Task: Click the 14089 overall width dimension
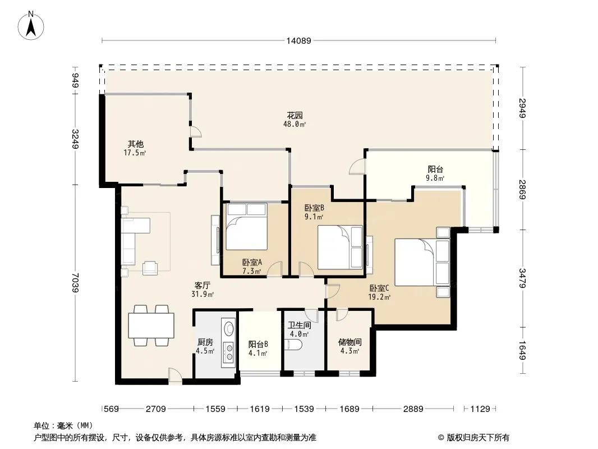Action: pyautogui.click(x=299, y=40)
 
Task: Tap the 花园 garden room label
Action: pyautogui.click(x=295, y=115)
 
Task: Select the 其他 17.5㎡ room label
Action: pyautogui.click(x=135, y=148)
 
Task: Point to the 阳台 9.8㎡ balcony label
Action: pyautogui.click(x=435, y=173)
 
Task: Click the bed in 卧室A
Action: pyautogui.click(x=246, y=227)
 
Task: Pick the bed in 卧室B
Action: pyautogui.click(x=340, y=247)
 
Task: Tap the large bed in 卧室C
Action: pyautogui.click(x=422, y=262)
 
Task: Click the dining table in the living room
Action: pyautogui.click(x=151, y=326)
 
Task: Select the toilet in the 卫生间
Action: pyautogui.click(x=293, y=345)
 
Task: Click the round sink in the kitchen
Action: pyautogui.click(x=229, y=328)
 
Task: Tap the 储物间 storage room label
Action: pyautogui.click(x=349, y=342)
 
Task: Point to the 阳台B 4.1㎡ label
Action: pyautogui.click(x=258, y=349)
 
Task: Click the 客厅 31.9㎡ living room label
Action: pyautogui.click(x=202, y=290)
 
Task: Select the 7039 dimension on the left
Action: pyautogui.click(x=76, y=283)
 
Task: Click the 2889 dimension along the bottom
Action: pyautogui.click(x=413, y=409)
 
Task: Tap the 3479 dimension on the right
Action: pyautogui.click(x=522, y=278)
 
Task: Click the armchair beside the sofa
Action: pyautogui.click(x=150, y=268)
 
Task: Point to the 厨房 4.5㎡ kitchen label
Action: pyautogui.click(x=205, y=346)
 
